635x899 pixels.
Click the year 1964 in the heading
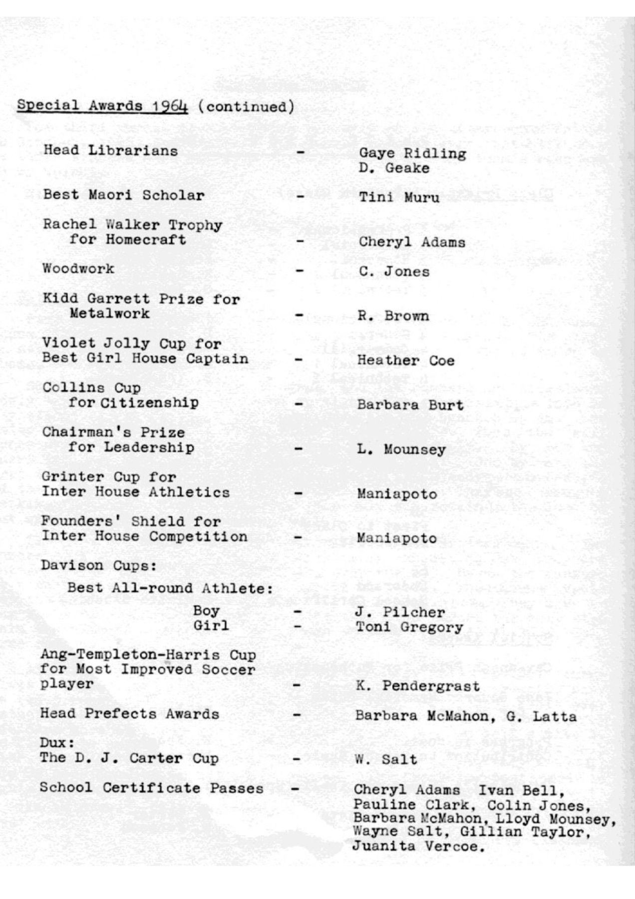[x=170, y=106]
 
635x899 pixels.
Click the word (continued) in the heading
[x=246, y=107]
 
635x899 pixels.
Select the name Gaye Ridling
[x=412, y=153]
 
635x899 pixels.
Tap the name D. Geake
[x=393, y=168]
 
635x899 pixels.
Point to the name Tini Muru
[x=399, y=197]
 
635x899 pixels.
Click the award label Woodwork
[x=78, y=269]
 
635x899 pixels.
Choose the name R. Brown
[x=393, y=316]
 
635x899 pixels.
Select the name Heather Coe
[x=405, y=360]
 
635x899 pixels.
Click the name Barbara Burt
[x=410, y=405]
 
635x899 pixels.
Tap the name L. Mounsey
[x=401, y=449]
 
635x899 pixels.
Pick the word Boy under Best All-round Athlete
[x=206, y=611]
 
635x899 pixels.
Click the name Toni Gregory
[x=409, y=627]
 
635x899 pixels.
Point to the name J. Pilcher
[x=400, y=612]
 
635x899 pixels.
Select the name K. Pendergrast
[x=418, y=686]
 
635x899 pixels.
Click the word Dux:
[x=57, y=743]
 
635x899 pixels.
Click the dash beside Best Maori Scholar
[x=300, y=196]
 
